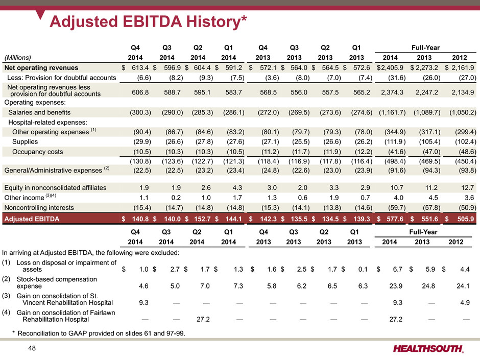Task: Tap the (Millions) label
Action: tap(18, 57)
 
